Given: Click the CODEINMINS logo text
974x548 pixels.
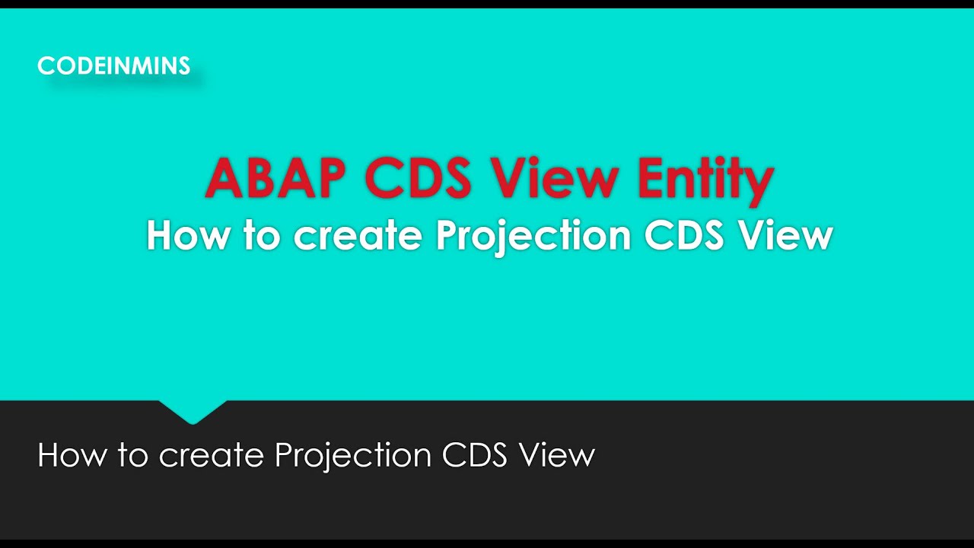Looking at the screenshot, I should (113, 66).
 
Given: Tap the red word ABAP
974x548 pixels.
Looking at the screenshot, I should (275, 178).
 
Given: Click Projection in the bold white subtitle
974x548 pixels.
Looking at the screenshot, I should (533, 237).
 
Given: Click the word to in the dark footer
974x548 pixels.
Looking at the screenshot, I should (132, 456).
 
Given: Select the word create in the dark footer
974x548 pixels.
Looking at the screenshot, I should (212, 456).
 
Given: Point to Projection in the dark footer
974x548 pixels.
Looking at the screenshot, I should (354, 456).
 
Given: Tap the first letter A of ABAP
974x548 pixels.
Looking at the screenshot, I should (224, 178).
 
